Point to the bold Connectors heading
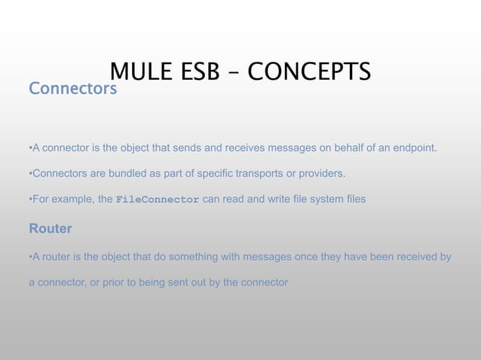[x=72, y=90]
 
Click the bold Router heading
[x=50, y=227]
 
